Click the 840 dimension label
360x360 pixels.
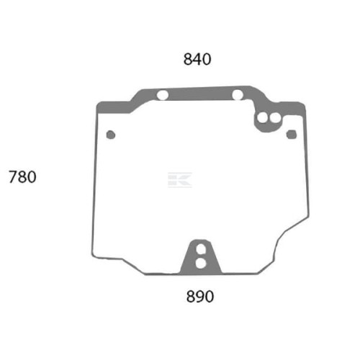tap(197, 59)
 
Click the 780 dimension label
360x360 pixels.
tap(22, 177)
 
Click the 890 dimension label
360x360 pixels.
tap(200, 296)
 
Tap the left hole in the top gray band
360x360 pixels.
tap(163, 95)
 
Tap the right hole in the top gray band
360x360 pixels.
tap(238, 94)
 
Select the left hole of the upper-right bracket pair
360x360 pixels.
tap(262, 117)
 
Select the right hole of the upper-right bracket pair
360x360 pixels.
tap(274, 117)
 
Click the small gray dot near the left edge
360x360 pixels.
tap(111, 135)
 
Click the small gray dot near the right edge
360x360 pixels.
tap(292, 135)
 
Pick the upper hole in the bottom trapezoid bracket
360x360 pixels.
tap(201, 249)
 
